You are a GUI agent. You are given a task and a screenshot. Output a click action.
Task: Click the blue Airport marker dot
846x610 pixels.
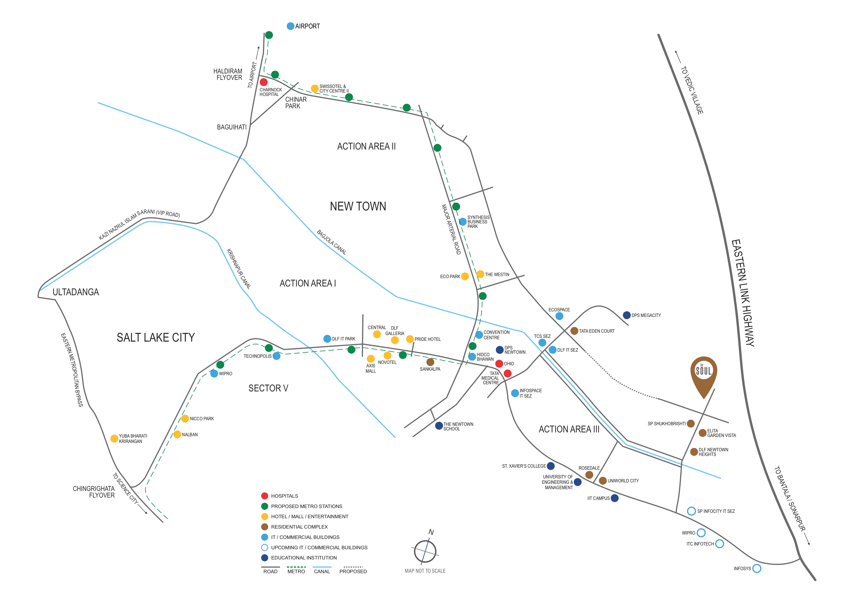click(290, 26)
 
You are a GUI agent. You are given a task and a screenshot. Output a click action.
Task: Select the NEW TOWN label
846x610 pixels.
click(358, 206)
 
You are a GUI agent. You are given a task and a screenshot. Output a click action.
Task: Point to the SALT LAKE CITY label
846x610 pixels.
click(156, 337)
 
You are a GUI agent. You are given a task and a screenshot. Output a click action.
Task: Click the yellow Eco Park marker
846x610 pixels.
click(465, 276)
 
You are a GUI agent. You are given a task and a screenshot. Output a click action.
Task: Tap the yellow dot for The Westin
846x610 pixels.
click(480, 274)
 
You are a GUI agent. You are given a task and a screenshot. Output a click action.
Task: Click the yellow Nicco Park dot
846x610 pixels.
click(185, 418)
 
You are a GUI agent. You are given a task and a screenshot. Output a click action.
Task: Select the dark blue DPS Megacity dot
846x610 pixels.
click(627, 315)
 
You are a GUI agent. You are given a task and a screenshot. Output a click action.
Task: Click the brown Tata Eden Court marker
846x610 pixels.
click(574, 331)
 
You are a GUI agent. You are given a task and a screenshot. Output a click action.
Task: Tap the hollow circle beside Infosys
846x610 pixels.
click(757, 568)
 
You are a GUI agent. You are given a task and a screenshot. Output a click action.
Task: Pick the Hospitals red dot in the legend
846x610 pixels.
click(264, 496)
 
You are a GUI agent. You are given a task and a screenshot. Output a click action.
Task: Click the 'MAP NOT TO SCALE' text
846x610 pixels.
click(425, 571)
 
